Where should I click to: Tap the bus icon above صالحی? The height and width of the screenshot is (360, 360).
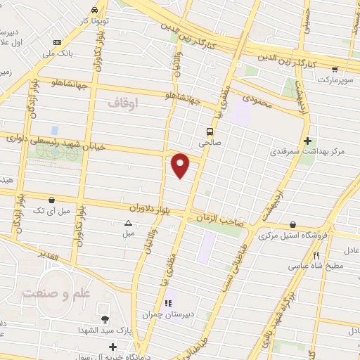tap(210, 131)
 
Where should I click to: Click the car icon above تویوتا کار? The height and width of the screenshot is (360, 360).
tap(94, 11)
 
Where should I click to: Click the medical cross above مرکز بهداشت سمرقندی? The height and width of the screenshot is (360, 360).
tap(307, 141)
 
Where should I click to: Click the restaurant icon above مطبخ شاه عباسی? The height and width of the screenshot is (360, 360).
tap(316, 256)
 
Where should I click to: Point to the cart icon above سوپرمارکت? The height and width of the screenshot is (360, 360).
tap(335, 70)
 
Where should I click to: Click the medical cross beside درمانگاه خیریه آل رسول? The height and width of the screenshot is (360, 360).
tap(113, 347)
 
